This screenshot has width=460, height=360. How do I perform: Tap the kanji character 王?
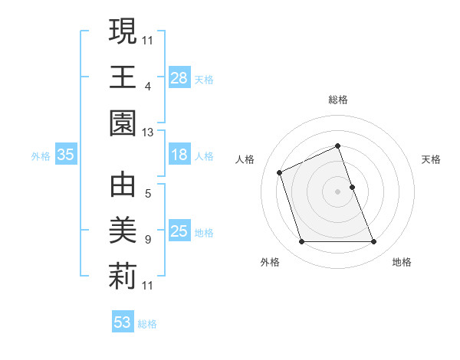[x=123, y=77]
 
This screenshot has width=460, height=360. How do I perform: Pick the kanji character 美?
[x=123, y=231]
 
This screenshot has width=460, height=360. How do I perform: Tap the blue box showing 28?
[x=179, y=77]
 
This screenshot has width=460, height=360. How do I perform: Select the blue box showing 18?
[x=179, y=155]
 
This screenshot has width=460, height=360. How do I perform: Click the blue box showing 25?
[x=179, y=231]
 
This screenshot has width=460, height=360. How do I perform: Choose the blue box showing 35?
[x=66, y=155]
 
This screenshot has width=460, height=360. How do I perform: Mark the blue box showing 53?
[x=123, y=322]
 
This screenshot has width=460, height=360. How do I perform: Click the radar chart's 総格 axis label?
[x=338, y=100]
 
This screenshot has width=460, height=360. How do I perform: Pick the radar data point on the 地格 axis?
[x=374, y=242]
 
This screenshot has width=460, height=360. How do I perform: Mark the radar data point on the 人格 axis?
[x=280, y=172]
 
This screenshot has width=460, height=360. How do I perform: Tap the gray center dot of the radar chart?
[x=338, y=191]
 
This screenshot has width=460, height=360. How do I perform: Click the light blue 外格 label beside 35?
[x=41, y=155]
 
